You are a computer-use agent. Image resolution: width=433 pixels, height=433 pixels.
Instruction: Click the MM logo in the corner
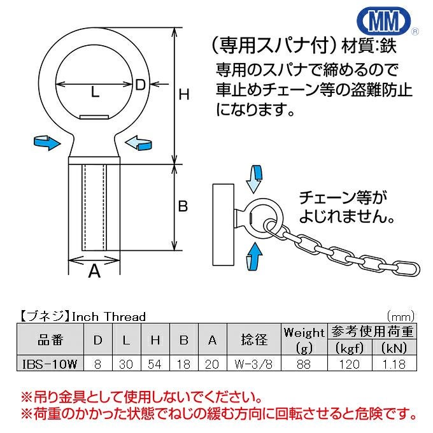[x=384, y=21]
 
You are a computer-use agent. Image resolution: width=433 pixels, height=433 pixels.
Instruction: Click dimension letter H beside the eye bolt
[x=184, y=94]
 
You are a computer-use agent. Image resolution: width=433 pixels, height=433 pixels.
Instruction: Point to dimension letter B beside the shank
[x=183, y=206]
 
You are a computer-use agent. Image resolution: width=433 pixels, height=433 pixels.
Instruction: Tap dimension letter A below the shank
[x=94, y=271]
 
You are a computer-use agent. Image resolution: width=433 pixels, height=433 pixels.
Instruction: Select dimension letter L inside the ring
[x=95, y=92]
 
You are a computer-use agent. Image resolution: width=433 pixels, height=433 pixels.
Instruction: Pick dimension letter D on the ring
[x=140, y=84]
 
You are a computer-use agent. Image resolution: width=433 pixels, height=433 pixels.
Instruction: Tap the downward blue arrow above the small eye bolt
[x=254, y=179]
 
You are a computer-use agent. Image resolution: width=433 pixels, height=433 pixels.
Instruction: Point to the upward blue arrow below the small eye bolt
[x=254, y=256]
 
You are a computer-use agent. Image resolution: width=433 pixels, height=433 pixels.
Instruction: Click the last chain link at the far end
[x=406, y=268]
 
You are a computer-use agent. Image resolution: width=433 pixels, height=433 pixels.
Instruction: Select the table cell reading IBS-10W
[x=50, y=364]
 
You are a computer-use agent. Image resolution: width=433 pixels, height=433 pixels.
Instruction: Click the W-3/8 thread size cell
[x=254, y=364]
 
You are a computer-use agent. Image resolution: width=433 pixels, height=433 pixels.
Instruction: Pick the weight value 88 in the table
[x=304, y=364]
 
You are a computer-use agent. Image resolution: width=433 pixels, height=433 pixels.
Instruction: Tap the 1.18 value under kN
[x=394, y=364]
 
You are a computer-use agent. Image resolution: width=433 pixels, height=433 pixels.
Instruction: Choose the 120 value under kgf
[x=350, y=364]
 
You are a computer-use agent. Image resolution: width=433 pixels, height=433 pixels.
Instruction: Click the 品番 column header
[x=50, y=339]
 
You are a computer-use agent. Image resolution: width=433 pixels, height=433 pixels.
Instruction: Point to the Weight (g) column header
[x=304, y=340]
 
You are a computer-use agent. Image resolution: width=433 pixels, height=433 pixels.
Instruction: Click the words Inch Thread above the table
[x=108, y=316]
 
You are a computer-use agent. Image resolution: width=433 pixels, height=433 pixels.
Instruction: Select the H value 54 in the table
[x=155, y=364]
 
